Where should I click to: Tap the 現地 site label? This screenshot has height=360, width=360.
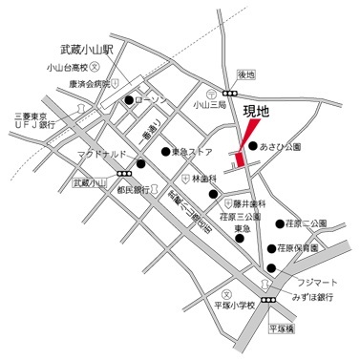coord(257,112)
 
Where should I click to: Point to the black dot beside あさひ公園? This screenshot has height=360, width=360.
coord(252,147)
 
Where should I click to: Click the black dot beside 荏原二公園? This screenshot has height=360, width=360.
coord(278,223)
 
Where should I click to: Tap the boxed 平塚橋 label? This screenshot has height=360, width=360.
coord(284,328)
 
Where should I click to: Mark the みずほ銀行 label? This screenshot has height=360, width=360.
coord(306,298)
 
